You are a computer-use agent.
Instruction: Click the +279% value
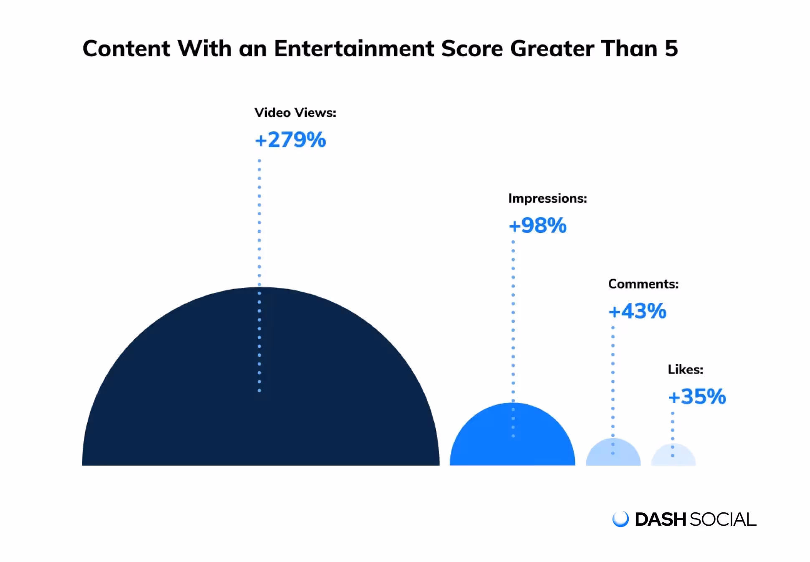pyautogui.click(x=290, y=140)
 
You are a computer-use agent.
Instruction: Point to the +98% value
pyautogui.click(x=537, y=226)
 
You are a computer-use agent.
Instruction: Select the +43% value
pyautogui.click(x=637, y=311)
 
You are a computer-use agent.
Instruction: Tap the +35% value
pyautogui.click(x=697, y=397)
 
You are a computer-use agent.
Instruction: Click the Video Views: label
pyautogui.click(x=295, y=113)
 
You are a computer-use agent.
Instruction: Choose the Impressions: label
pyautogui.click(x=547, y=199)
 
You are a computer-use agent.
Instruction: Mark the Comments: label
pyautogui.click(x=643, y=284)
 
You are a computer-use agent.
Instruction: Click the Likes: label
pyautogui.click(x=685, y=370)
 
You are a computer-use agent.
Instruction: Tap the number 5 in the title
pyautogui.click(x=671, y=49)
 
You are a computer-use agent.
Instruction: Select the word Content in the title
pyautogui.click(x=126, y=49)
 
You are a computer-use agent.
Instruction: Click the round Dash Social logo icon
pyautogui.click(x=620, y=519)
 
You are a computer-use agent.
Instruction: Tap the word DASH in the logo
pyautogui.click(x=660, y=520)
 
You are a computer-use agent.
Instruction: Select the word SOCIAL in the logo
pyautogui.click(x=723, y=520)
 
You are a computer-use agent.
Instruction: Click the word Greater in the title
pyautogui.click(x=552, y=49)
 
